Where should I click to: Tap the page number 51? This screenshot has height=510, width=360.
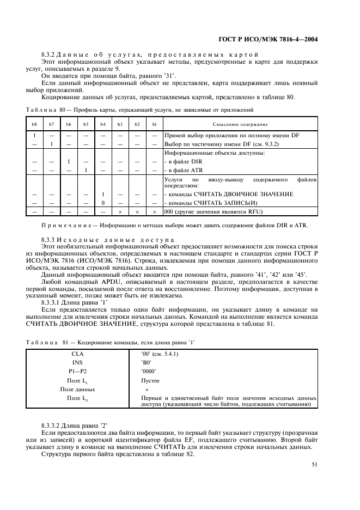315,464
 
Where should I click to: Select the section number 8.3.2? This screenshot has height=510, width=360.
50,54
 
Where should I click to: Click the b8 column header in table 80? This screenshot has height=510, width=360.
34,125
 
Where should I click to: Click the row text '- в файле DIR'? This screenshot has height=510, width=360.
183,161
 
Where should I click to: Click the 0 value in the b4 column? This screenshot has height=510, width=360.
103,202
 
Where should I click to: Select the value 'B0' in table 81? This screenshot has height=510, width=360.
146,363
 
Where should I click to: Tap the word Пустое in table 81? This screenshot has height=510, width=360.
150,381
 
